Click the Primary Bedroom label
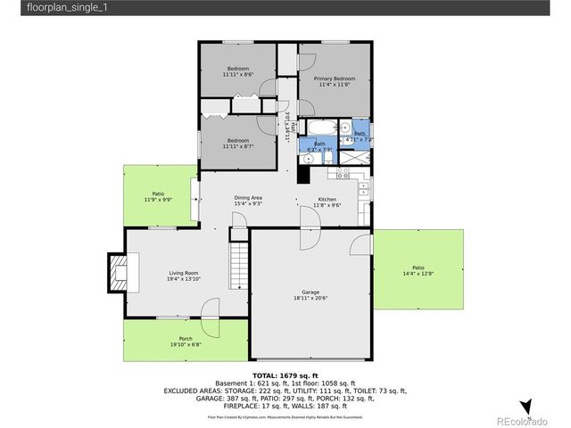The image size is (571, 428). click(327, 79)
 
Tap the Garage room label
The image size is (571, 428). click(310, 292)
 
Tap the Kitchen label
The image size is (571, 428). click(327, 199)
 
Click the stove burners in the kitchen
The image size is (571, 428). click(363, 188)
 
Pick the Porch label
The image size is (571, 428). click(186, 338)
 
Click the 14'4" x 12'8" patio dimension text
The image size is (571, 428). click(418, 273)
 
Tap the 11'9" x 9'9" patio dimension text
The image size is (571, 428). click(158, 200)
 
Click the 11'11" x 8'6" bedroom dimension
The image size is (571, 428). click(238, 75)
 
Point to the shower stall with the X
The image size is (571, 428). click(353, 158)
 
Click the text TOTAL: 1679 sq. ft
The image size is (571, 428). click(285, 375)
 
